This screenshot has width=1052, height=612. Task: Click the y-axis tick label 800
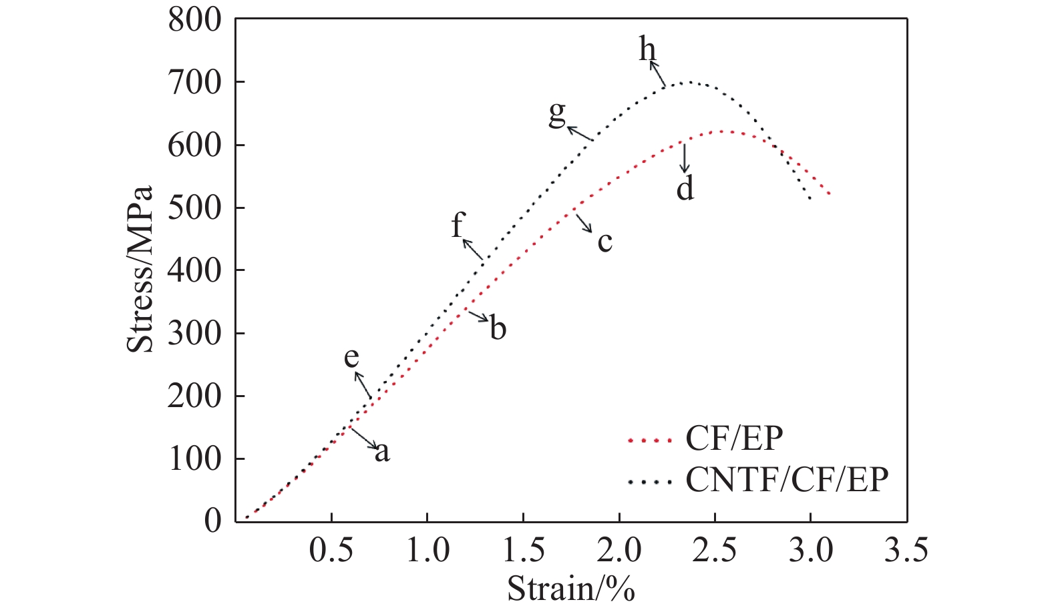tap(194, 20)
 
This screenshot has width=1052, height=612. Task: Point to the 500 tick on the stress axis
tap(194, 208)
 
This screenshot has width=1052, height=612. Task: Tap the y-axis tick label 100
tap(194, 459)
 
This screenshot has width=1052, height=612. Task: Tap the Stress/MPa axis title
tap(141, 269)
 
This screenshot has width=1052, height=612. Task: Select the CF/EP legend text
tap(734, 438)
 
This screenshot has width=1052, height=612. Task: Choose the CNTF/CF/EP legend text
tap(787, 479)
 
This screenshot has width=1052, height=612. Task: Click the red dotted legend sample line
tap(649, 440)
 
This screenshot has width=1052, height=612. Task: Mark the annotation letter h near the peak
tap(647, 49)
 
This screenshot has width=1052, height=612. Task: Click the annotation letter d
tap(685, 189)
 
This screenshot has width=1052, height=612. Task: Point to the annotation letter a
tap(381, 452)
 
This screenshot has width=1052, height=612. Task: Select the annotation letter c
tap(604, 242)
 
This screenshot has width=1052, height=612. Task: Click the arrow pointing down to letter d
tap(683, 157)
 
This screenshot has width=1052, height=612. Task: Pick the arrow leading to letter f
tap(472, 248)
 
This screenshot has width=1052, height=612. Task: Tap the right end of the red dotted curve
tap(829, 194)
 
